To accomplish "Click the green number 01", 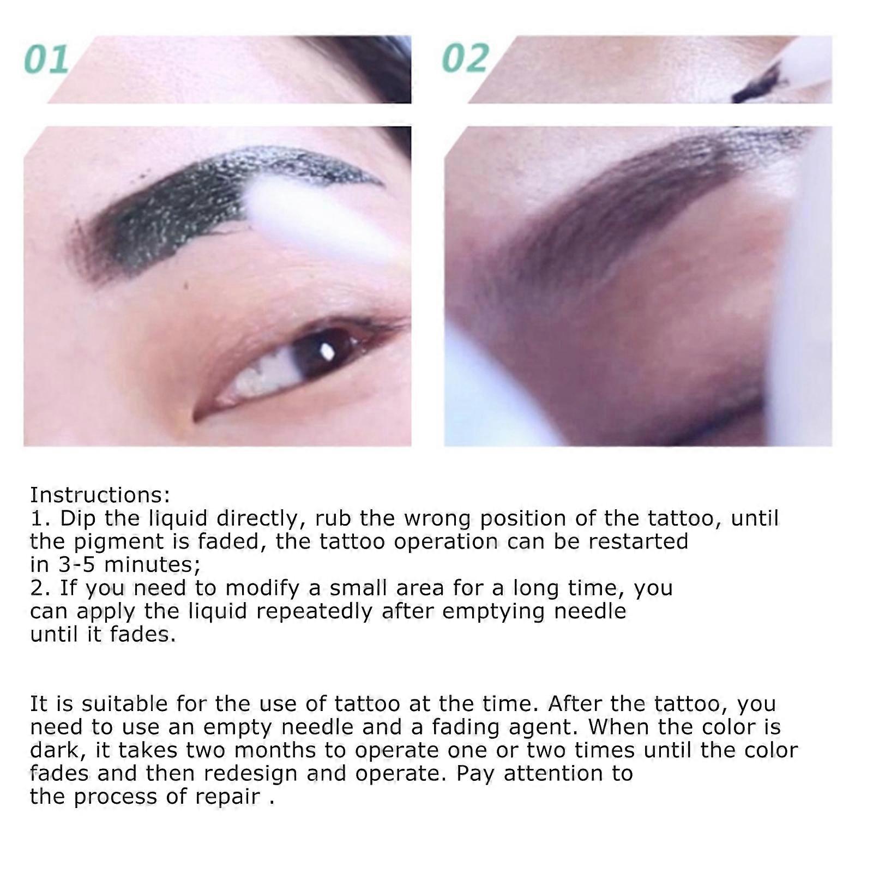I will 47,60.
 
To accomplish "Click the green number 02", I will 465,59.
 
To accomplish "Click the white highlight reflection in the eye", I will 327,352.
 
